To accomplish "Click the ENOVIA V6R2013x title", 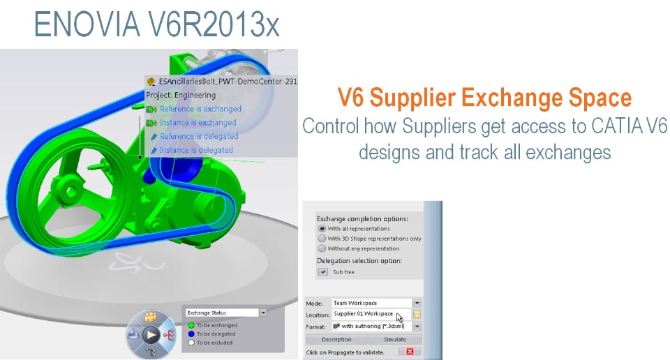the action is (x=156, y=25).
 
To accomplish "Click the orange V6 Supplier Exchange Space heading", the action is (x=484, y=98).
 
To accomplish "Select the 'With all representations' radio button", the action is (x=322, y=228).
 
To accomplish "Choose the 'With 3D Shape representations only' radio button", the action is (x=322, y=239).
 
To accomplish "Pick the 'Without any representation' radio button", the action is (x=322, y=248).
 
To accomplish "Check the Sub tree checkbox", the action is (x=323, y=271).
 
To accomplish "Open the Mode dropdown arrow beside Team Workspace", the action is (x=417, y=303).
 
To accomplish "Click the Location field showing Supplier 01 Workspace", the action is (x=371, y=314).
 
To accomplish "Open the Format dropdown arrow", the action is (x=417, y=327).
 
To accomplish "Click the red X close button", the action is (x=410, y=352).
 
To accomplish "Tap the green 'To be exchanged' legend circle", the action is (x=191, y=325).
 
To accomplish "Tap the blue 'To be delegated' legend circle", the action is (x=191, y=334).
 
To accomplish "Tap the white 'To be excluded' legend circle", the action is (x=191, y=343).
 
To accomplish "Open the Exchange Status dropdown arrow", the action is (x=263, y=313).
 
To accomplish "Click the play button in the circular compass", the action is (x=151, y=335).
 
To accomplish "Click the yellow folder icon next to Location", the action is (x=417, y=315).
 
